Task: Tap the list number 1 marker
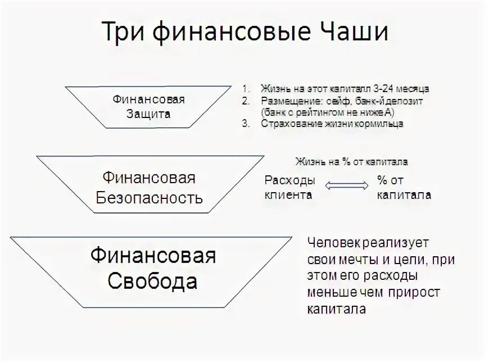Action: click(x=245, y=89)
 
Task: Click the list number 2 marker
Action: click(x=245, y=101)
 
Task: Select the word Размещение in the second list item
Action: click(x=286, y=101)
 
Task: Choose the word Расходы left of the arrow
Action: click(x=289, y=181)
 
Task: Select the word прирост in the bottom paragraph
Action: click(x=412, y=293)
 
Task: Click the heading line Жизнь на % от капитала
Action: click(x=351, y=162)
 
